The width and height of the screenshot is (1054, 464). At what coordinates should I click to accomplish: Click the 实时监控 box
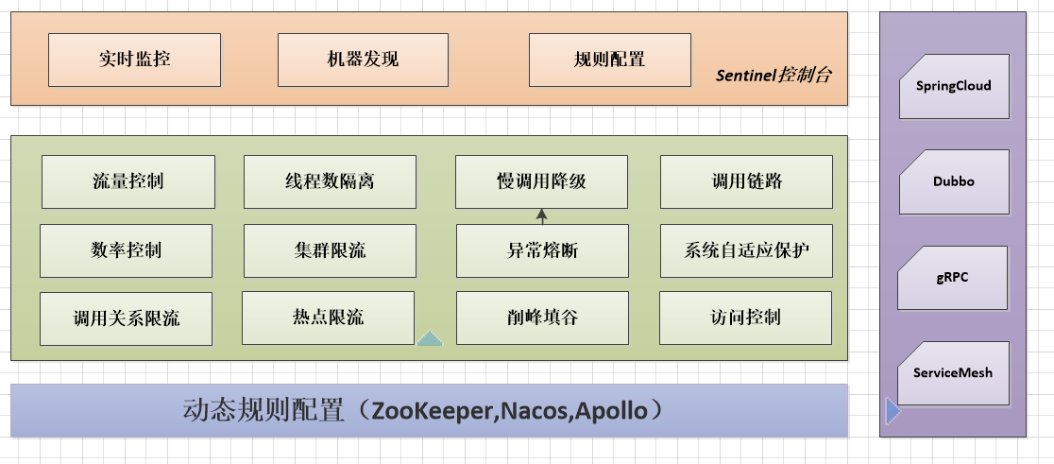[134, 60]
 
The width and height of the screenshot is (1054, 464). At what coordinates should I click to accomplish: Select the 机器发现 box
[363, 60]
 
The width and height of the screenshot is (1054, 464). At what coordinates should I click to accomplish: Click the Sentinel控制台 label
[773, 76]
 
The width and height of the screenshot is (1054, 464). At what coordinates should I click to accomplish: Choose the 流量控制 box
[127, 181]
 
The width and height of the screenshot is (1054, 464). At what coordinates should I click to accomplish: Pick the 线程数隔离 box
[330, 181]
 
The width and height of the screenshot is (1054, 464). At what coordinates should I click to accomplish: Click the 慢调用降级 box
[541, 181]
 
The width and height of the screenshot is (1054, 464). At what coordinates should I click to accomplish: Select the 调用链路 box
[746, 181]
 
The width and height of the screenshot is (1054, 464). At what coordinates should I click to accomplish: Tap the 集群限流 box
[330, 250]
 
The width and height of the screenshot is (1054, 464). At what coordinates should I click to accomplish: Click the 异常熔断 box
[541, 250]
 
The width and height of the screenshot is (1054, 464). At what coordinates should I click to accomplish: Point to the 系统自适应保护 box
[746, 250]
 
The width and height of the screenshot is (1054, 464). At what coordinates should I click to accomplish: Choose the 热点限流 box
[328, 318]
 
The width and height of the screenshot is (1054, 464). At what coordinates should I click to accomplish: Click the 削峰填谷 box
[541, 318]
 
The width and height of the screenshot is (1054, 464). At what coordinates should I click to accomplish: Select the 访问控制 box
[745, 318]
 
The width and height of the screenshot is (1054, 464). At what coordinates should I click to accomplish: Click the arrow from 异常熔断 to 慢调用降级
[542, 216]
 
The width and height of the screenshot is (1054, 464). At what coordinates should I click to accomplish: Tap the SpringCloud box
[954, 86]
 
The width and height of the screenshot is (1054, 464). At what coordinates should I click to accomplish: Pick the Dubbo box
[954, 181]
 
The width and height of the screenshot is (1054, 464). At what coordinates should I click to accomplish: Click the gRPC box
[954, 278]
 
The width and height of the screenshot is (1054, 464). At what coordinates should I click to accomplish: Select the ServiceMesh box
[954, 373]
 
